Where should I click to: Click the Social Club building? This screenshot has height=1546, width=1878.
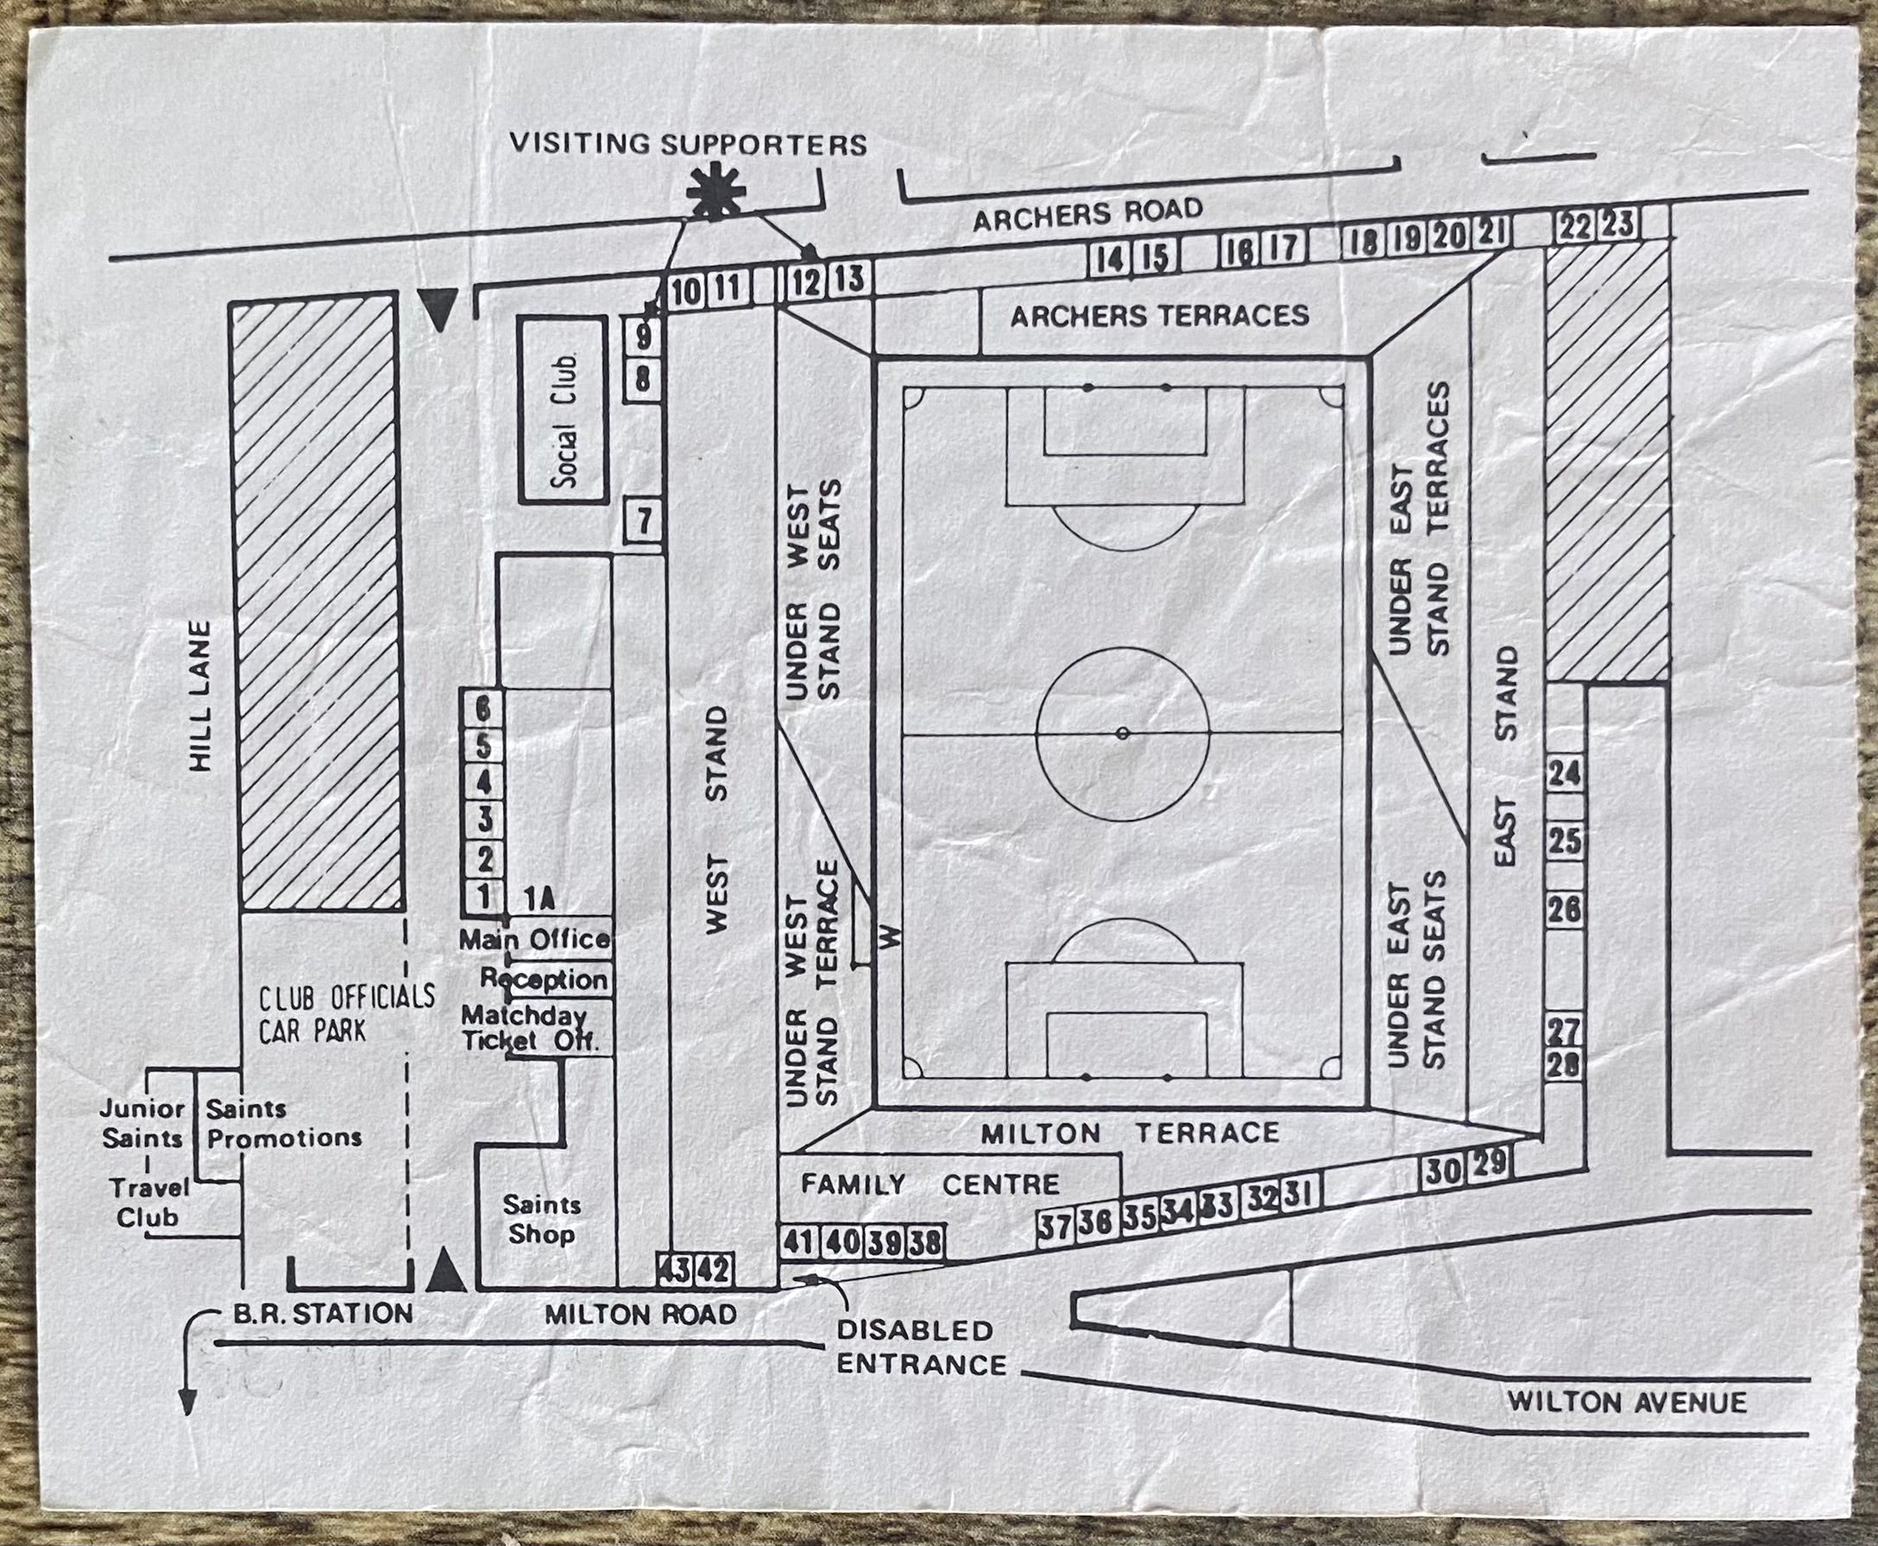(x=564, y=411)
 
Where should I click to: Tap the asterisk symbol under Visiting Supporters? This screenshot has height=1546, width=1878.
(x=715, y=192)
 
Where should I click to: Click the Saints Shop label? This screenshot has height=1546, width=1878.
(x=541, y=1219)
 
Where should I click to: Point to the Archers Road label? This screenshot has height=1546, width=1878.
(x=1087, y=214)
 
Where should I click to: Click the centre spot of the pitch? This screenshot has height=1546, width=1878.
(x=1123, y=733)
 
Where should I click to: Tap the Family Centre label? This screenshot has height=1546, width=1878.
(x=930, y=1183)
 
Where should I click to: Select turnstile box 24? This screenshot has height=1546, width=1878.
(x=1565, y=774)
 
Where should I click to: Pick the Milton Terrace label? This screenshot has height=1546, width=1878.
(x=1130, y=1133)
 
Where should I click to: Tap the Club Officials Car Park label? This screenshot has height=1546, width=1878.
(x=346, y=1013)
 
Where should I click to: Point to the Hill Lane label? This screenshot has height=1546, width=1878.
(x=202, y=695)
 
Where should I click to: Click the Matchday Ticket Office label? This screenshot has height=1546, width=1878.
(x=531, y=1027)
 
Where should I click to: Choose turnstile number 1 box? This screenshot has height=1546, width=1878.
(x=483, y=896)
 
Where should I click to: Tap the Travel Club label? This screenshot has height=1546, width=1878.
(x=148, y=1202)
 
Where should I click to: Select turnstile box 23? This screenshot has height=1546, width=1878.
(x=1618, y=224)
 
